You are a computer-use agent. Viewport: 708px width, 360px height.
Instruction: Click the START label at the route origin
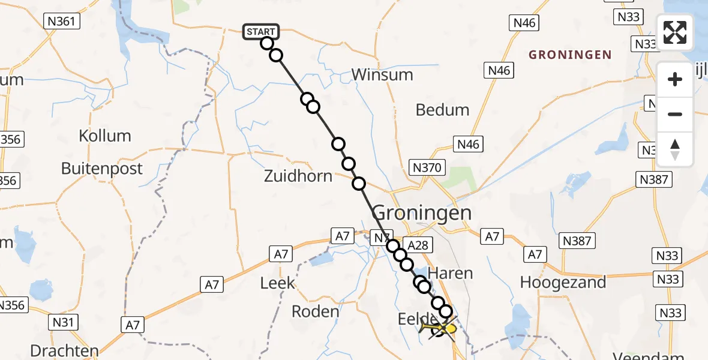click(x=261, y=31)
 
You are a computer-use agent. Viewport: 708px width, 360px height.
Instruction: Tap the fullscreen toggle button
click(x=675, y=32)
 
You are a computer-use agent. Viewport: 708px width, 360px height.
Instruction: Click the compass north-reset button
click(x=675, y=149)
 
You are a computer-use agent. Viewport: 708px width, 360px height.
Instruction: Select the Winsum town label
click(x=382, y=75)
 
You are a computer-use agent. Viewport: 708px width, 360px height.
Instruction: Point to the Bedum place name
click(x=443, y=110)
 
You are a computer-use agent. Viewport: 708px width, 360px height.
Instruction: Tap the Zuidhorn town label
click(x=298, y=176)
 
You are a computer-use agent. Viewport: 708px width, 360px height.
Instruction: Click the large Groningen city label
click(x=422, y=212)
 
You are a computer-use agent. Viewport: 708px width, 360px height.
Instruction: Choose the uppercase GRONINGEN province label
click(x=570, y=55)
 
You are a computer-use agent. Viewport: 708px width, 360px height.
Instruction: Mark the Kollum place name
click(x=105, y=136)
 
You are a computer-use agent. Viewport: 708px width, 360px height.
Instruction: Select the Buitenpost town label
click(x=102, y=168)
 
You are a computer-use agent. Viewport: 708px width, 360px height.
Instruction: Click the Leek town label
click(x=278, y=282)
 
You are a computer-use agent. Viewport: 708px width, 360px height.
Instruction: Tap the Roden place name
click(x=316, y=311)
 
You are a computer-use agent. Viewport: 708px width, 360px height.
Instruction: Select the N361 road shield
click(x=62, y=22)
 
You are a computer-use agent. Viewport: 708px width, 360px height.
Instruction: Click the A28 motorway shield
click(x=418, y=245)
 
